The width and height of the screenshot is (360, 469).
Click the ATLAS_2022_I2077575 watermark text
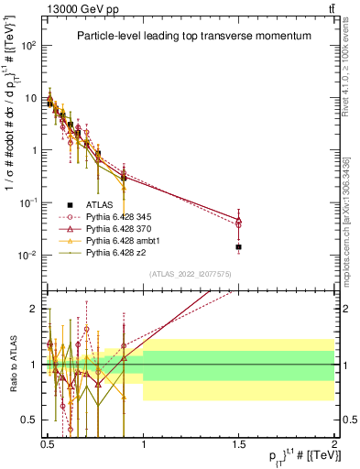pyautogui.click(x=189, y=273)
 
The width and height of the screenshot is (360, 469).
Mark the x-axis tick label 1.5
pyautogui.click(x=238, y=443)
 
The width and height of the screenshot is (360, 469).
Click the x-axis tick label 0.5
pyautogui.click(x=48, y=443)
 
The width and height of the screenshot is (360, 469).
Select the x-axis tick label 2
pyautogui.click(x=333, y=443)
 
